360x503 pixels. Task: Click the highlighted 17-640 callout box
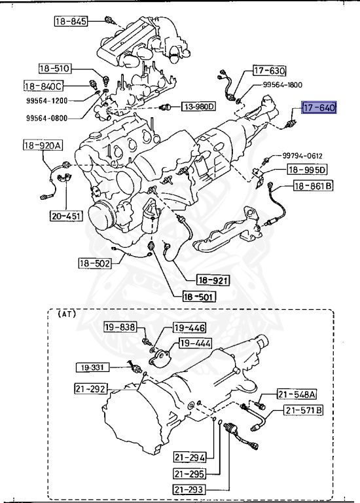(x=319, y=107)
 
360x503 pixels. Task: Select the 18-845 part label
(x=71, y=21)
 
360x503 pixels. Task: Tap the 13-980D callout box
(x=199, y=106)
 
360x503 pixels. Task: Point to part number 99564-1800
(x=282, y=84)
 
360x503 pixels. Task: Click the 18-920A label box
(x=43, y=145)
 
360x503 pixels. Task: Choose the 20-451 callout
(x=66, y=216)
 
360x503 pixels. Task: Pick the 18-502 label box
(x=95, y=263)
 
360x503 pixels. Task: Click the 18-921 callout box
(x=213, y=280)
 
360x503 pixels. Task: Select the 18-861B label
(x=313, y=185)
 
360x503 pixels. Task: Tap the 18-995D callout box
(x=307, y=170)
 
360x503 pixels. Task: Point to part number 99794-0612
(x=302, y=156)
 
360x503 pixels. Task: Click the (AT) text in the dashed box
(x=67, y=314)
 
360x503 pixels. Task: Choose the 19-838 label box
(x=120, y=327)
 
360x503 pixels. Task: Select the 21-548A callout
(x=297, y=394)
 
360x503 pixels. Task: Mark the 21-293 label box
(x=189, y=489)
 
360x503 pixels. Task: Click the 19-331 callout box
(x=92, y=367)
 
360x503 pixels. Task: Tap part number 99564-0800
(x=47, y=118)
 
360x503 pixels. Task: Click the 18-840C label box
(x=44, y=86)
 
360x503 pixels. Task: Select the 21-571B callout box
(x=303, y=410)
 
